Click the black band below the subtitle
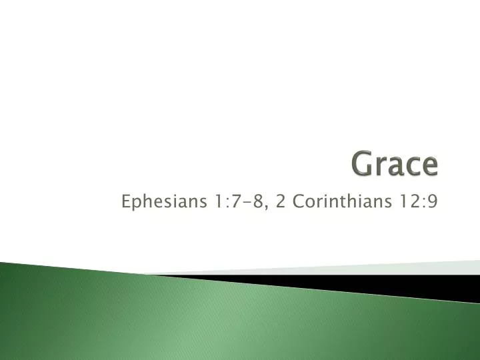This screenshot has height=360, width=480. [x=400, y=284]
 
